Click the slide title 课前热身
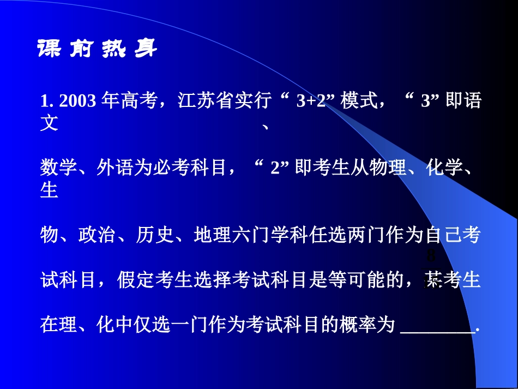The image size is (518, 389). point(97,50)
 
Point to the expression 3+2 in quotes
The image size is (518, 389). point(310,101)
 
